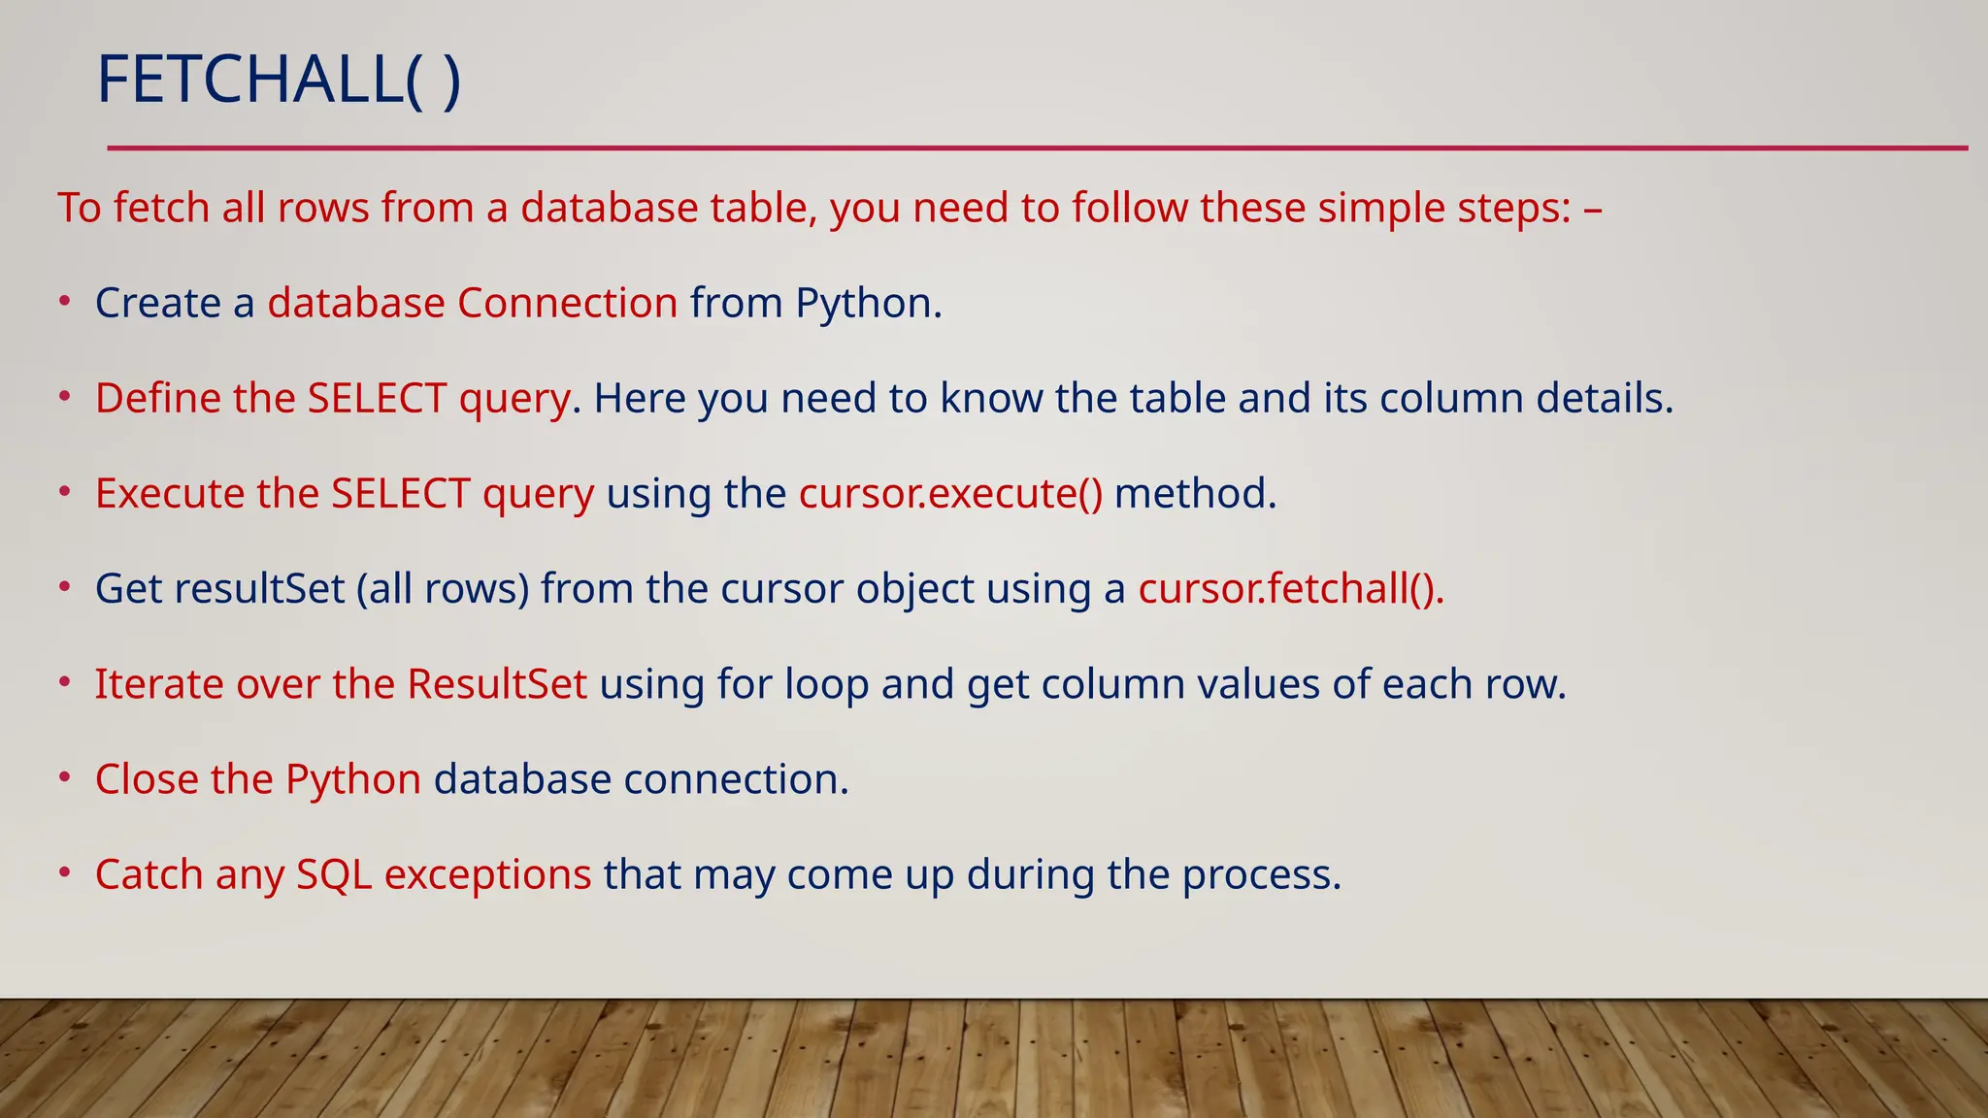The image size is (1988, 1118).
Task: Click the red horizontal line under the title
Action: click(x=1037, y=148)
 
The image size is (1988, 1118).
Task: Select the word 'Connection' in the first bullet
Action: click(x=568, y=304)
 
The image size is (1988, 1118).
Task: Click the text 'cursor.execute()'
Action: click(x=950, y=494)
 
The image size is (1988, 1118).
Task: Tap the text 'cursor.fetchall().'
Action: click(x=1291, y=589)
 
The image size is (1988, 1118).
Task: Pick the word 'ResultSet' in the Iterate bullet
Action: click(x=497, y=684)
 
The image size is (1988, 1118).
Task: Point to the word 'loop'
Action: click(x=826, y=684)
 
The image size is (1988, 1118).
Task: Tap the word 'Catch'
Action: click(x=149, y=874)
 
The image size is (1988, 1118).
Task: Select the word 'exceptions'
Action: click(x=487, y=874)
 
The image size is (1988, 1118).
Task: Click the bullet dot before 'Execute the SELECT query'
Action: click(x=64, y=492)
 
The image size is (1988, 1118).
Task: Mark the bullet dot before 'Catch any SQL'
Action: click(x=64, y=872)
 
